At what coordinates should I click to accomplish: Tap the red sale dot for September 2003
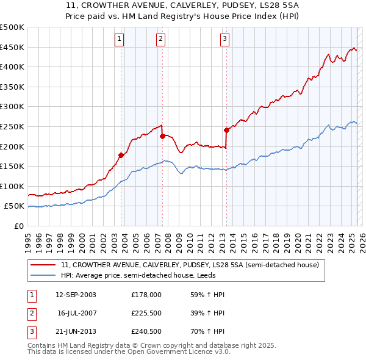pyautogui.click(x=121, y=155)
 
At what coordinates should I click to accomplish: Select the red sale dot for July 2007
pyautogui.click(x=163, y=137)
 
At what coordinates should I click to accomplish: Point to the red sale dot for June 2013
pyautogui.click(x=226, y=130)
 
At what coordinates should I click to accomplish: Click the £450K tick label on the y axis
pyautogui.click(x=13, y=47)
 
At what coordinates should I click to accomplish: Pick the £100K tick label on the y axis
pyautogui.click(x=13, y=186)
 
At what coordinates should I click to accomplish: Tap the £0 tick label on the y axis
pyautogui.click(x=18, y=226)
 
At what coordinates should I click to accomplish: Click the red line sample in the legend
pyautogui.click(x=43, y=265)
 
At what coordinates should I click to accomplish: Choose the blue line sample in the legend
pyautogui.click(x=43, y=275)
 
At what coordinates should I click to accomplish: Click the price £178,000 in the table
pyautogui.click(x=146, y=295)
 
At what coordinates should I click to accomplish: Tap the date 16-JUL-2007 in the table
pyautogui.click(x=77, y=312)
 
